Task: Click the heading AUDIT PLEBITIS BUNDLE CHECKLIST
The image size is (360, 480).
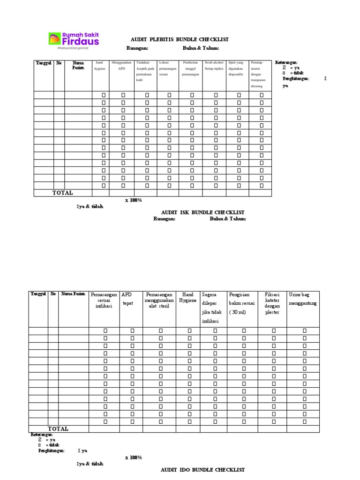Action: point(179,40)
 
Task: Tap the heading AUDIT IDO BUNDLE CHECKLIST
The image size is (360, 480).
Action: point(202,469)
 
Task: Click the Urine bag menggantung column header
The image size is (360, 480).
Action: point(303,299)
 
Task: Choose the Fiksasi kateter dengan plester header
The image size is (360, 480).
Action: point(272,303)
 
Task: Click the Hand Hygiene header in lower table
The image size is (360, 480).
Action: point(187,297)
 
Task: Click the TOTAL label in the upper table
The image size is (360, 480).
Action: point(62,193)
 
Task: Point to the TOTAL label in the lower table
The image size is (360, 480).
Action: point(58,428)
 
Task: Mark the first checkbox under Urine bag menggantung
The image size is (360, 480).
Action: point(304,330)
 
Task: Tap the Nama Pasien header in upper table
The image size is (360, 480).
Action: point(78,65)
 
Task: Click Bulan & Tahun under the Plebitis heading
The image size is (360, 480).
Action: point(201,48)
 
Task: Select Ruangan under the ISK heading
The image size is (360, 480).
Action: point(164,219)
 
